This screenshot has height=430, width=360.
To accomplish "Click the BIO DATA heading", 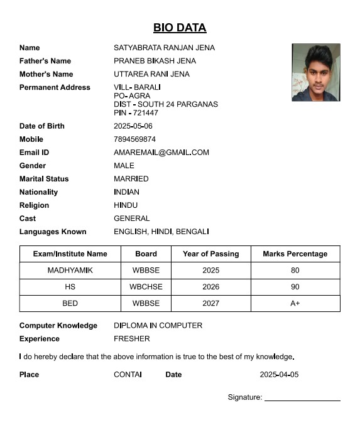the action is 180,28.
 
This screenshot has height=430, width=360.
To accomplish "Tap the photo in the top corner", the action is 315,72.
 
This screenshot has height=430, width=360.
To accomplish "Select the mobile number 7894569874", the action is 134,139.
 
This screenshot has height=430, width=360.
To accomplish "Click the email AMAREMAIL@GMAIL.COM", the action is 161,153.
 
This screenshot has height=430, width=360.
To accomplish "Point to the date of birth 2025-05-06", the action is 133,126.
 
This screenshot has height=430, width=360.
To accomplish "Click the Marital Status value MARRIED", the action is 131,179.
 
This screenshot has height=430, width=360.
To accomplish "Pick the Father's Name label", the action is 45,61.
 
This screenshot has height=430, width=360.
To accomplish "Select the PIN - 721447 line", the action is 136,113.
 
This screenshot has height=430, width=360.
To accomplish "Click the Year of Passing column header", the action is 210,254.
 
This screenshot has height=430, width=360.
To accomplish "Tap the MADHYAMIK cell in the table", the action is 70,271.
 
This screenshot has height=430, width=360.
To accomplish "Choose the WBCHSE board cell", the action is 146,287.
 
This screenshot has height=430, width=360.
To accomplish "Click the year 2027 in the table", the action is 211,303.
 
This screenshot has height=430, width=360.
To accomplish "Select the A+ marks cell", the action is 295,303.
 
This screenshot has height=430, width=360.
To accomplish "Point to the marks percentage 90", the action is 295,287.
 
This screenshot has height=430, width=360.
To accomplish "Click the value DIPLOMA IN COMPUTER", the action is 158,326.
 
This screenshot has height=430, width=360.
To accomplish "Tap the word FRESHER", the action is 131,339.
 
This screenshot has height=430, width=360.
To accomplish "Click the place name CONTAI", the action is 128,375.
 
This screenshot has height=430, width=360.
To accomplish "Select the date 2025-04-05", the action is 279,375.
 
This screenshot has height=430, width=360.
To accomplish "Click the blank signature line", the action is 302,399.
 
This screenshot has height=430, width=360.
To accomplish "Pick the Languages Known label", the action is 53,232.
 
